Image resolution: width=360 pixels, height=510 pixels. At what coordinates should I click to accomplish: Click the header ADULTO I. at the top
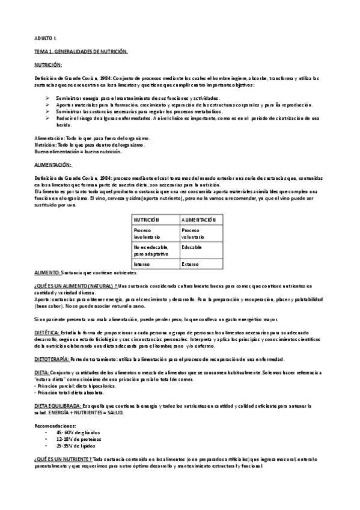[x=45, y=38]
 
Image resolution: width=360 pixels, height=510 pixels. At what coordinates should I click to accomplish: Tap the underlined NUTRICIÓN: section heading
[x=52, y=64]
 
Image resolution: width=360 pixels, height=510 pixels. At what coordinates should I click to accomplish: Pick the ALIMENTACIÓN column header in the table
[x=198, y=220]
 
